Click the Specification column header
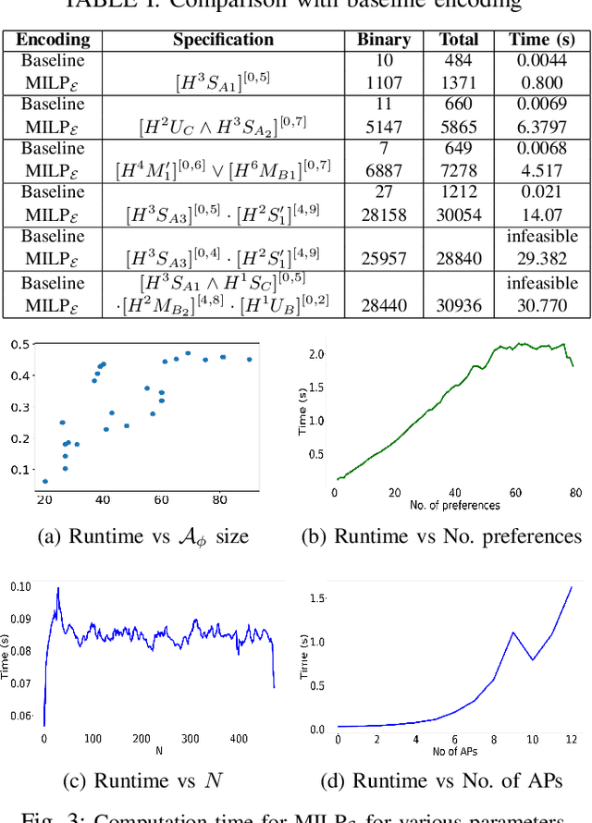coord(223,40)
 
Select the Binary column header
coord(383,40)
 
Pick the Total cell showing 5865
coord(458,126)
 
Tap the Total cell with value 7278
coord(458,170)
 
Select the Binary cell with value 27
coord(383,192)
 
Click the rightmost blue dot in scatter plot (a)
coord(249,360)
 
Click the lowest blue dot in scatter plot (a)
coord(45,481)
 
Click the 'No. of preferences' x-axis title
coord(454,506)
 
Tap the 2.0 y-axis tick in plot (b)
coord(316,354)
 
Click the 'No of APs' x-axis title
coord(454,751)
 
